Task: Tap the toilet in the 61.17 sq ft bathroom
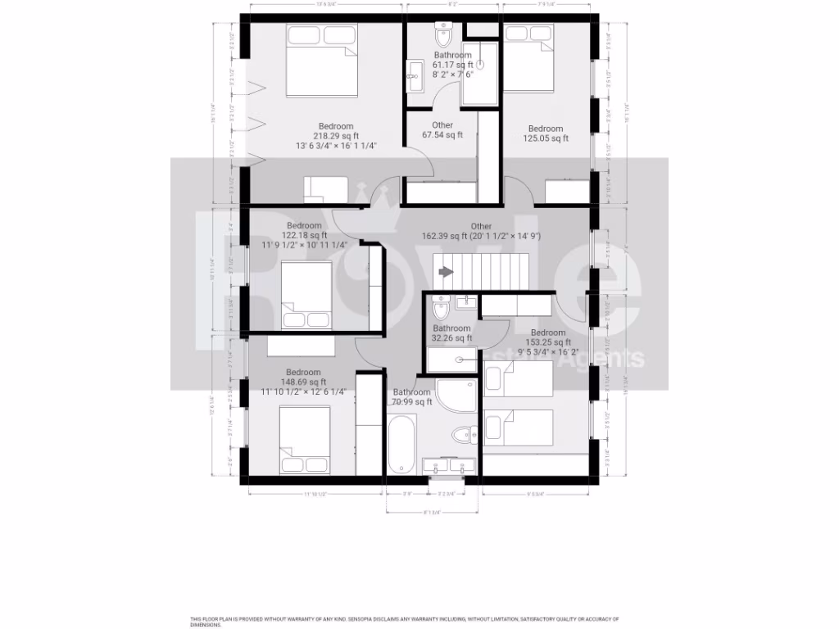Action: click(443, 36)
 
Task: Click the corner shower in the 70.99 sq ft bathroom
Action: click(454, 396)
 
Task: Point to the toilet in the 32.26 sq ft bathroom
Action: click(440, 309)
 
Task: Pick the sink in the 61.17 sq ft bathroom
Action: click(414, 76)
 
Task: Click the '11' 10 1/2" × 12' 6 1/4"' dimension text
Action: click(303, 391)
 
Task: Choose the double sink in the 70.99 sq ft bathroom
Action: click(448, 466)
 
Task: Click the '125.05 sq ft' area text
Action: click(546, 138)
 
